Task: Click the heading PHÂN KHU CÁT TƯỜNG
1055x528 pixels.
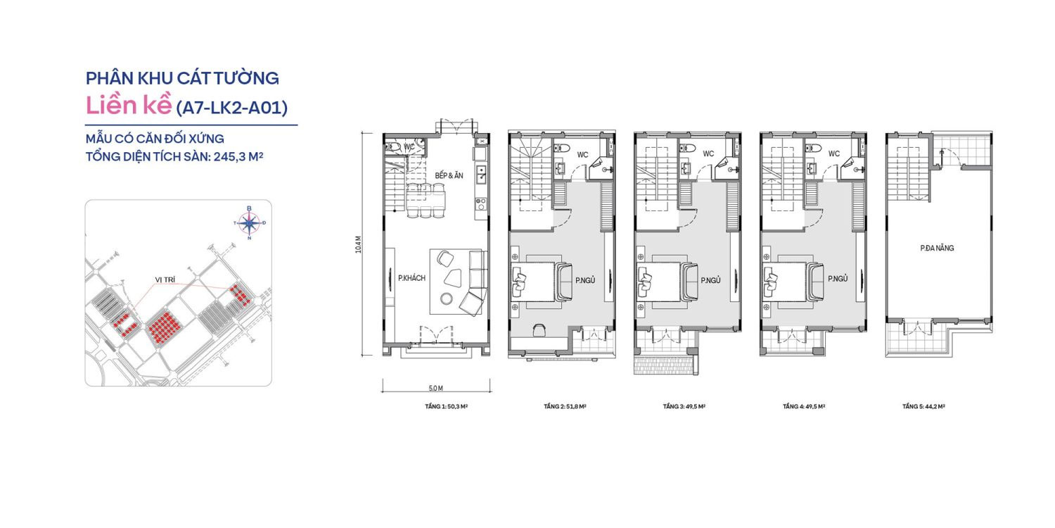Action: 182,77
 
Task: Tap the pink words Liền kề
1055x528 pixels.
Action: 128,106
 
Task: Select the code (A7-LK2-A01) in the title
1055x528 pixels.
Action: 231,107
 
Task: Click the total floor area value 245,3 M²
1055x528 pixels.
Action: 224,157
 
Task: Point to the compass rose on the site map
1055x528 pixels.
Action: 249,223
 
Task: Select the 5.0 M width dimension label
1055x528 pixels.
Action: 435,388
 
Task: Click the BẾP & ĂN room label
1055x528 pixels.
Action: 449,175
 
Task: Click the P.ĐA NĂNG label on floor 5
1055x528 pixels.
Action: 937,248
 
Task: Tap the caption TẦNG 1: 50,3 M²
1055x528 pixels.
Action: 445,406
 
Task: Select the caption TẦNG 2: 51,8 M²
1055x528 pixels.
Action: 565,406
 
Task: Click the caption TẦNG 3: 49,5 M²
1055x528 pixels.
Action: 684,406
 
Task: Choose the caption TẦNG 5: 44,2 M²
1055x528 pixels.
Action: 923,406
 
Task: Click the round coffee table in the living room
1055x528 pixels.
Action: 446,298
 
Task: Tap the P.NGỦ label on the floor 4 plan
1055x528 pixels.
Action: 837,279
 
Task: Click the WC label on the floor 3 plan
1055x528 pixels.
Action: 708,153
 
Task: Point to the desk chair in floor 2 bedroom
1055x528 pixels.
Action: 539,329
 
